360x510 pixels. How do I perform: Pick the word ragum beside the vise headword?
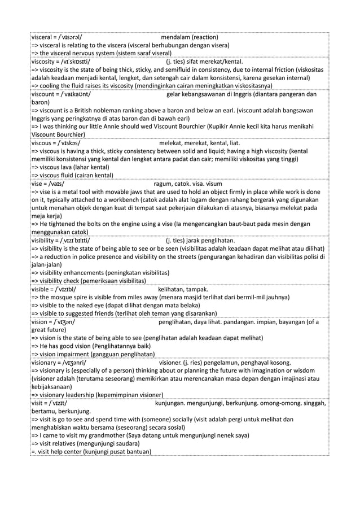(163, 184)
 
